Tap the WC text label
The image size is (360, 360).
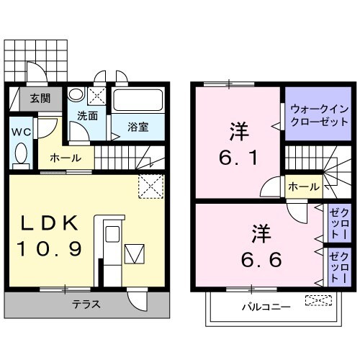20,132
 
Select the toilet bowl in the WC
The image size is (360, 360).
21,155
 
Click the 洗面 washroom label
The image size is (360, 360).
88,114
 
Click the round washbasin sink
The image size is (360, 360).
76,95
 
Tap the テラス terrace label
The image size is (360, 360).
86,305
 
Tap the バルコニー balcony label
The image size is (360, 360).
266,307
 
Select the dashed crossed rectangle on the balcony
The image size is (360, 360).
314,300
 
